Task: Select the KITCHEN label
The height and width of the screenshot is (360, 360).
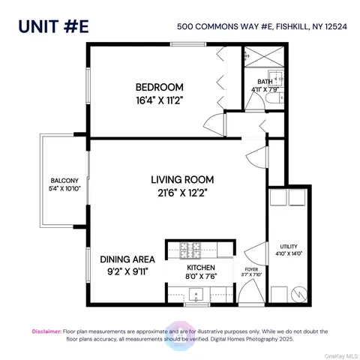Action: [x=201, y=267]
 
